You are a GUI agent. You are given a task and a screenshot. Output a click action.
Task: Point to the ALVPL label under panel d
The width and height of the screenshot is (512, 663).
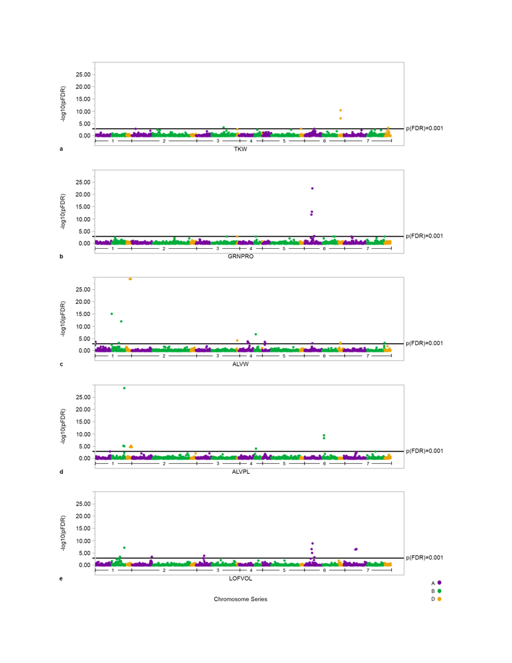tap(240, 472)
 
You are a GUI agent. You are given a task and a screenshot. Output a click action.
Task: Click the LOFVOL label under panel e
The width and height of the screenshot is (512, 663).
tap(240, 579)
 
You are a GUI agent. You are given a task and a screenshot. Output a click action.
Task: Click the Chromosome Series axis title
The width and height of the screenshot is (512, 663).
tap(240, 599)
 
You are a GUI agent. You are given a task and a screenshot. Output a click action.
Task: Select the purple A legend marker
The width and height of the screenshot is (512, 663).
tap(439, 582)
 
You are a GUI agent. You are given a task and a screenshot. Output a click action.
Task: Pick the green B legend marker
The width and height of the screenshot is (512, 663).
tap(439, 591)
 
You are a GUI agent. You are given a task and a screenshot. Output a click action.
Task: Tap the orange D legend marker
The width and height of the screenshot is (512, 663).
tap(439, 599)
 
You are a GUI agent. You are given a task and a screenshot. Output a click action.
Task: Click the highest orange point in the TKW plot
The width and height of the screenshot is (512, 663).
tap(340, 110)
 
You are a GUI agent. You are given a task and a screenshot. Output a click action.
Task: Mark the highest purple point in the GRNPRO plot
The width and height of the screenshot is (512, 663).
tap(312, 188)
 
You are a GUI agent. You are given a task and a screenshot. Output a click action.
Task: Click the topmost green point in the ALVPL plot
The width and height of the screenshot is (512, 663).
tap(124, 388)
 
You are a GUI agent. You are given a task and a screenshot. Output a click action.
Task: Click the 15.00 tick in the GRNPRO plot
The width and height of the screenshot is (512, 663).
tap(83, 207)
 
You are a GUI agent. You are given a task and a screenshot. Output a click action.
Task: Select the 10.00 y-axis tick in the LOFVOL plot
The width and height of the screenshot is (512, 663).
tap(83, 541)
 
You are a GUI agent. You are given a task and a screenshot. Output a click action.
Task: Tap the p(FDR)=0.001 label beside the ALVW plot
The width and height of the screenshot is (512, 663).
tap(424, 343)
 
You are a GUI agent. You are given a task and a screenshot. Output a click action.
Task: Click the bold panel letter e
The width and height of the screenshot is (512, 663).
tap(61, 579)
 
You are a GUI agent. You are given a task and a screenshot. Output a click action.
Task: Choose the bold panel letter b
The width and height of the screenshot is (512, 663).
tap(61, 256)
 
